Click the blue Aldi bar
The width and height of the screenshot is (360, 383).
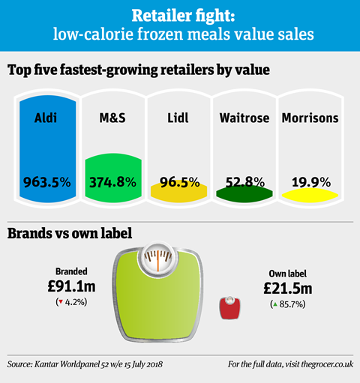(x=47, y=149)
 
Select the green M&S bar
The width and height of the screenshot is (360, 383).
(x=113, y=178)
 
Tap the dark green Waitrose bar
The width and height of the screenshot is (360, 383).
(x=244, y=194)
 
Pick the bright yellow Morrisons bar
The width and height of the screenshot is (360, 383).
(x=310, y=196)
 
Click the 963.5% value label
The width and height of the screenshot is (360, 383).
(x=47, y=182)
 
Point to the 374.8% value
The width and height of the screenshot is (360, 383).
(x=113, y=182)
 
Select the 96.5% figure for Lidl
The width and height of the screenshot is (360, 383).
(x=180, y=182)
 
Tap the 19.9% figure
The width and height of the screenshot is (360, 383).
(x=311, y=182)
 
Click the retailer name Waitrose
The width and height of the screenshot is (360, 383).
(x=244, y=118)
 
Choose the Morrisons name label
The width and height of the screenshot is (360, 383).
(x=310, y=118)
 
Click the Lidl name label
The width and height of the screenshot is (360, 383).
(x=178, y=118)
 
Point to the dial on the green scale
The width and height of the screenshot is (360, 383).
(x=157, y=259)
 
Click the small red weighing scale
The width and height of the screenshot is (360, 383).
(x=229, y=307)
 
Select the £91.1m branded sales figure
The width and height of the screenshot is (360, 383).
(x=71, y=286)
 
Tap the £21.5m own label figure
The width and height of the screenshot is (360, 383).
(x=288, y=289)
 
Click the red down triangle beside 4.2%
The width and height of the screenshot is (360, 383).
(x=60, y=302)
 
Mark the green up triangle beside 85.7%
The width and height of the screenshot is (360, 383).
(x=275, y=304)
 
